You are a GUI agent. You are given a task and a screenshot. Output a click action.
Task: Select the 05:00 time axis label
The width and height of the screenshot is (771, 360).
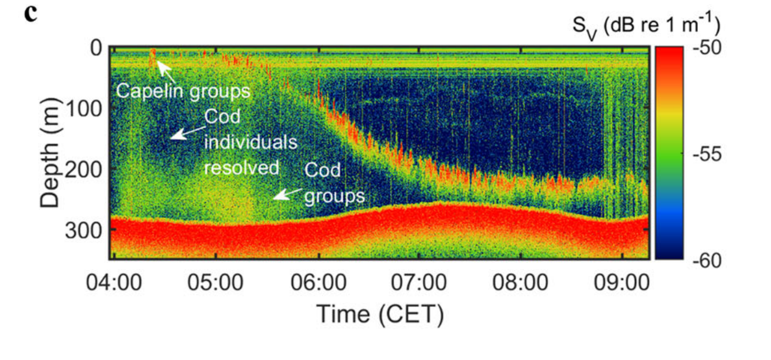pos(217,282)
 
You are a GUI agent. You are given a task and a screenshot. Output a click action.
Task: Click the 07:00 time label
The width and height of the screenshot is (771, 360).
pos(420,282)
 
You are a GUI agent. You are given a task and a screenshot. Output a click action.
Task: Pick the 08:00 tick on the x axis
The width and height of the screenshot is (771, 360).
pos(521,282)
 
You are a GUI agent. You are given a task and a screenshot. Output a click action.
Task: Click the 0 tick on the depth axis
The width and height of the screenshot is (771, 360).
pos(95,48)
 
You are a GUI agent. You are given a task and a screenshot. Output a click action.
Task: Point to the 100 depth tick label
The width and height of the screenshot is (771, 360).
pos(84,108)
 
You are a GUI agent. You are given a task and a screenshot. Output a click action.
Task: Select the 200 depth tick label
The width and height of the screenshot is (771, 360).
pos(84,170)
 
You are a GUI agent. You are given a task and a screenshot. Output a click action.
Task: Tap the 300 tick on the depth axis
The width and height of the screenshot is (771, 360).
pos(84,231)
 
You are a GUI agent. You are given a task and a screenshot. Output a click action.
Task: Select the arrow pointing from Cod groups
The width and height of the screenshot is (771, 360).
pos(286,193)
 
